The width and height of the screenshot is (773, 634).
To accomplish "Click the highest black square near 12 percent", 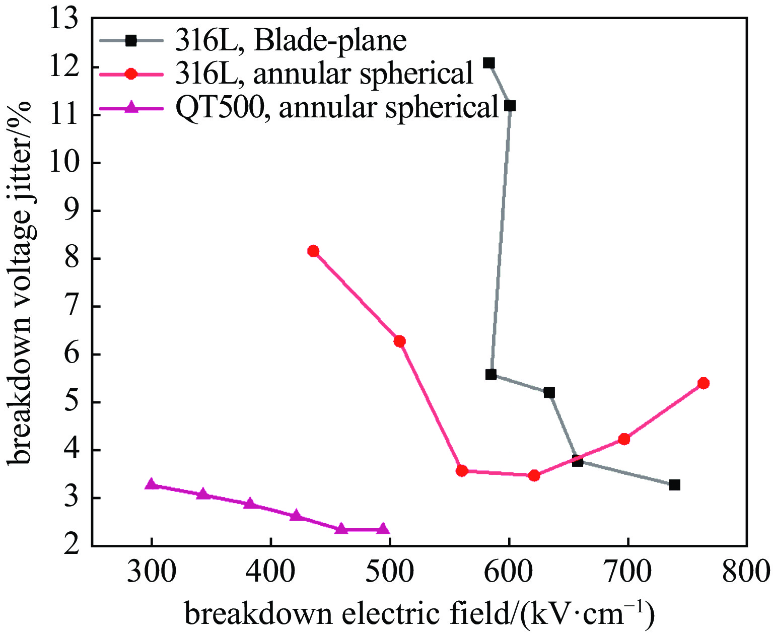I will click(x=488, y=63).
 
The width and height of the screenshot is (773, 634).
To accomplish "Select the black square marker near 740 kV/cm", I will click(x=675, y=485).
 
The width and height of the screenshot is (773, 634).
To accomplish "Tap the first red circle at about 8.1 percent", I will click(x=313, y=251).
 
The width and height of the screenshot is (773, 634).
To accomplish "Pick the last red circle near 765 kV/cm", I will click(x=704, y=383).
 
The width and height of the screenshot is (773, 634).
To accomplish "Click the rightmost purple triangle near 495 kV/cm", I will click(x=383, y=529).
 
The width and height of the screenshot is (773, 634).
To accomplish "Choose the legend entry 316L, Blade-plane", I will click(x=291, y=41).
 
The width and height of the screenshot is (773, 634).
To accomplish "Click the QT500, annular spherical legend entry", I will click(x=337, y=107).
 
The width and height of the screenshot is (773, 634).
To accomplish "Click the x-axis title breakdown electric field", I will click(x=419, y=614).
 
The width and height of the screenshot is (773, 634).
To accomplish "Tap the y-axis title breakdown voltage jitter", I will click(x=20, y=282).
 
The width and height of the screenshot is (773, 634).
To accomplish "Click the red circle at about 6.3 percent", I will click(x=399, y=341).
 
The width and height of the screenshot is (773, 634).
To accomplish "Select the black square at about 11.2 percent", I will click(x=510, y=106).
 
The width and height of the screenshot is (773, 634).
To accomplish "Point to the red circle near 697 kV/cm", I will click(x=624, y=439).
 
